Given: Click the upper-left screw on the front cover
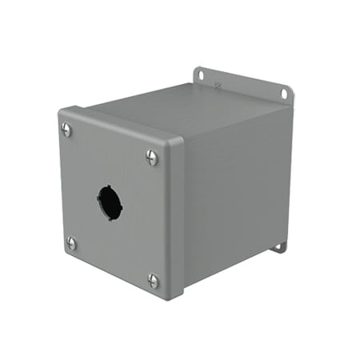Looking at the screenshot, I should click(66, 128).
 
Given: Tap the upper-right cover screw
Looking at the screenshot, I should click(152, 158).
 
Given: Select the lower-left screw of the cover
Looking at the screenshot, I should click(71, 242).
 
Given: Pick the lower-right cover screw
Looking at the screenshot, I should click(153, 280).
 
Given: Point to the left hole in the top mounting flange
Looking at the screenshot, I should click(201, 76).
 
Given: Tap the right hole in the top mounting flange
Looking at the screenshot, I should click(283, 94).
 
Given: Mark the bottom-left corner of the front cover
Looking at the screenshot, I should click(64, 254).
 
